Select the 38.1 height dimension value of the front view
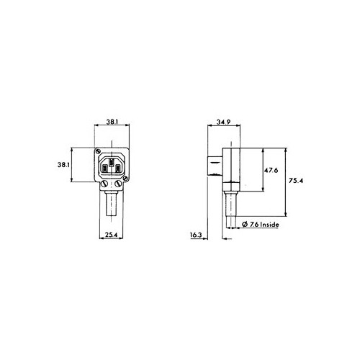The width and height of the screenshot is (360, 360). pyautogui.click(x=63, y=165)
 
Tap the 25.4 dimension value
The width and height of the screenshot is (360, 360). pyautogui.click(x=110, y=235)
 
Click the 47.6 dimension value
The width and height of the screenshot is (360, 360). pyautogui.click(x=271, y=171)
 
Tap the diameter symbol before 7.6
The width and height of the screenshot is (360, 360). pyautogui.click(x=245, y=225)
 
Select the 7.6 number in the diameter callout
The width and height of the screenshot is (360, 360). pyautogui.click(x=253, y=225)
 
